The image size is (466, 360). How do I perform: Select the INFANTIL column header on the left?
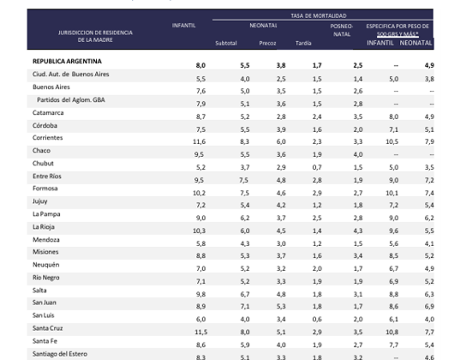[x=183, y=26]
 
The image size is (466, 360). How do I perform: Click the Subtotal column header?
[x=226, y=41]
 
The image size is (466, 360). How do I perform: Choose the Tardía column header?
[x=302, y=41]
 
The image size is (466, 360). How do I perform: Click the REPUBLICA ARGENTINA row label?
[x=67, y=62]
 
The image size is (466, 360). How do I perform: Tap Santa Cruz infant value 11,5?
[x=199, y=331]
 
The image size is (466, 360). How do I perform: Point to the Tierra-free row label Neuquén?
[x=46, y=267]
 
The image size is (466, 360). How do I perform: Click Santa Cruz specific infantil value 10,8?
[x=392, y=331]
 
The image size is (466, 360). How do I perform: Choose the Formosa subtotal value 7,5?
[x=244, y=195]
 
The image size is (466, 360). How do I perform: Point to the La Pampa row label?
[x=46, y=213]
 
